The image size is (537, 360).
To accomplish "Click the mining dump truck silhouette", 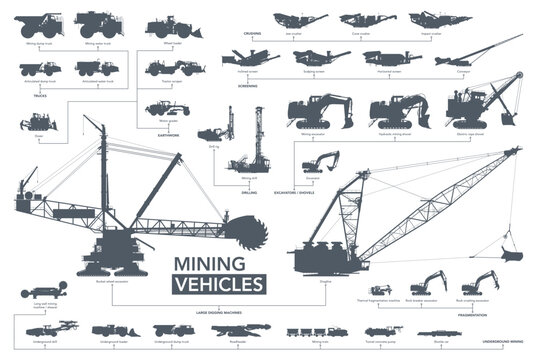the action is click(41, 25).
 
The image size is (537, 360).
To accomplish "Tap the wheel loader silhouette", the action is click(166, 25).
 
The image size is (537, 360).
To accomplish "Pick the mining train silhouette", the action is click(320, 331).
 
